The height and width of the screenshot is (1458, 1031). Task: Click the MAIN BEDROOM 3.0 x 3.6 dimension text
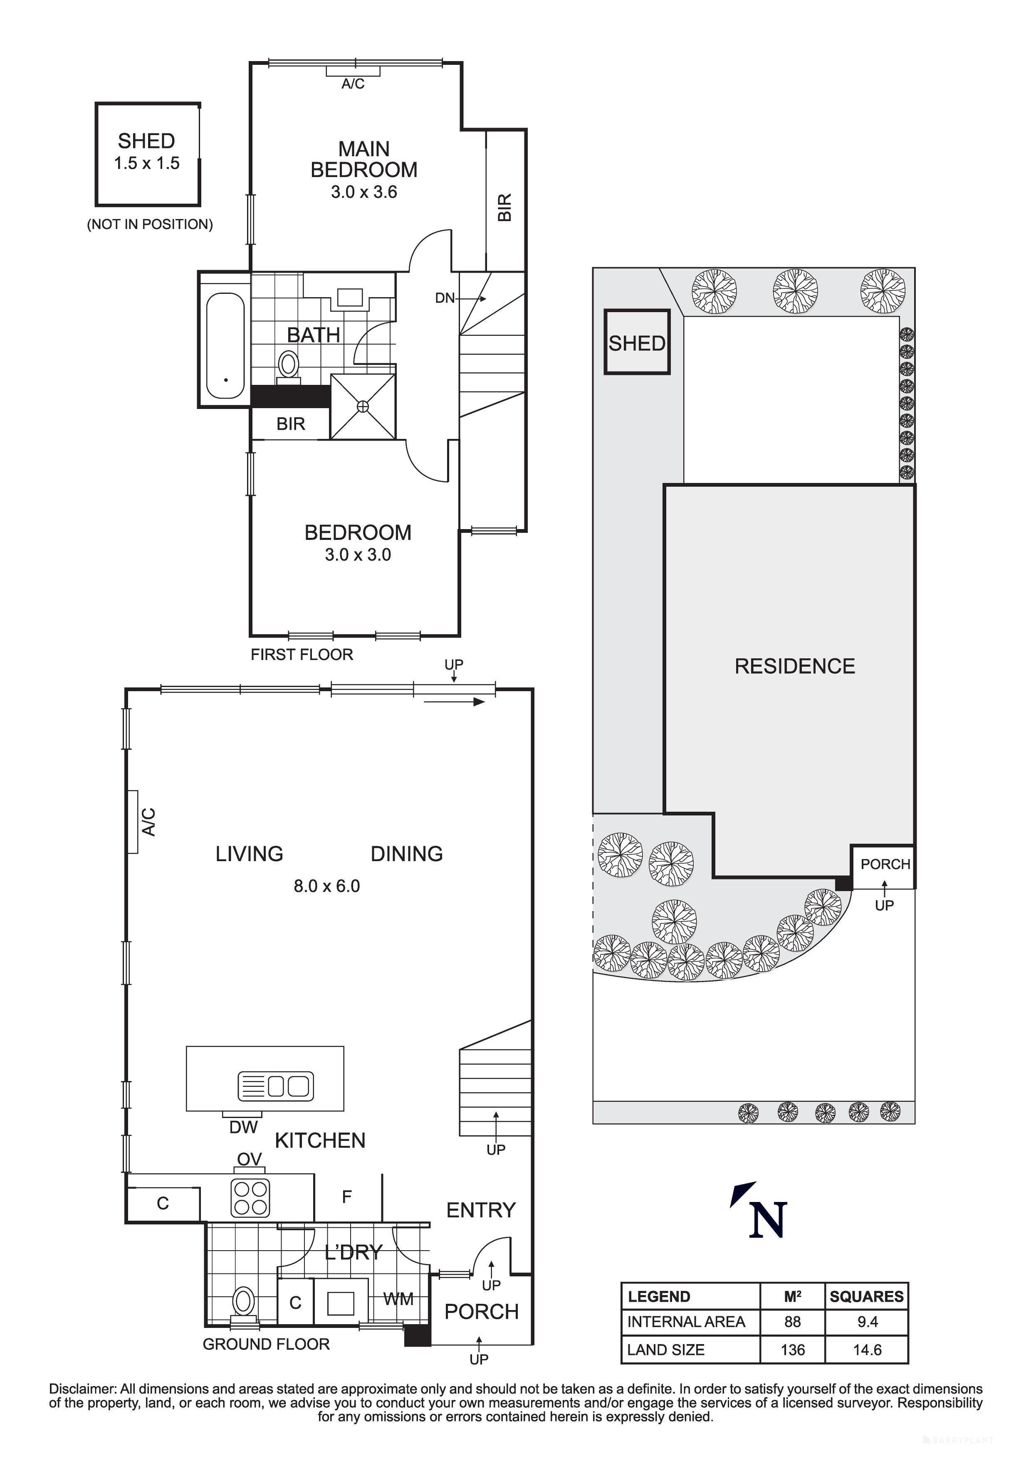(363, 192)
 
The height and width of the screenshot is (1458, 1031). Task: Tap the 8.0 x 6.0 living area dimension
(326, 886)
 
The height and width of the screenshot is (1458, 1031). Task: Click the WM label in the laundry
(398, 1299)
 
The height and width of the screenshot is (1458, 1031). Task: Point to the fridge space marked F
(347, 1197)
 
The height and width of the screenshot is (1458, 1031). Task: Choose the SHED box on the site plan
(636, 342)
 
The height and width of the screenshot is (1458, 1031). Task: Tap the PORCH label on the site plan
(885, 864)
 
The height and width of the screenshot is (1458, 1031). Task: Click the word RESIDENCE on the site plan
(795, 666)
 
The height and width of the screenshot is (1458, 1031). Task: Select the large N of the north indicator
(767, 1221)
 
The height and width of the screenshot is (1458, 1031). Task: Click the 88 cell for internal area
(792, 1322)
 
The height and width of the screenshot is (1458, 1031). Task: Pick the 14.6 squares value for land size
(867, 1350)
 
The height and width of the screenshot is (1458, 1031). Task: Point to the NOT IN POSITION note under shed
(150, 224)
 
